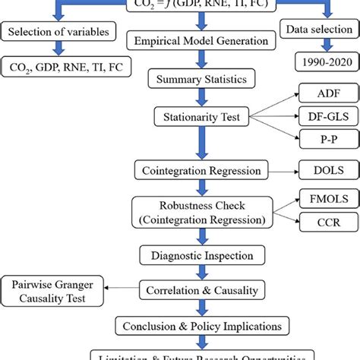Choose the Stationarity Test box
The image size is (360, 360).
coord(201,118)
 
